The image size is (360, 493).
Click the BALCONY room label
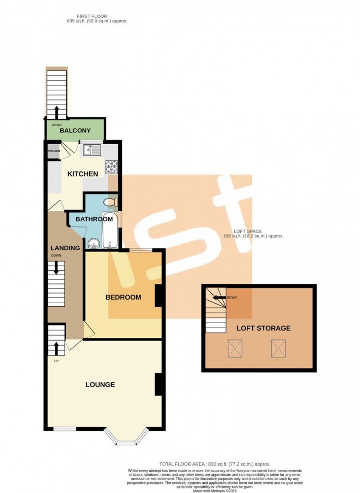click(x=75, y=131)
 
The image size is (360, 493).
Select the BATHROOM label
click(x=94, y=219)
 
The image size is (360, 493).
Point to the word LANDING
click(x=65, y=248)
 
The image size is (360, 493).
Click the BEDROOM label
click(x=123, y=297)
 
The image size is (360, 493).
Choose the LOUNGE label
click(x=100, y=385)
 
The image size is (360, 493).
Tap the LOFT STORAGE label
click(x=263, y=328)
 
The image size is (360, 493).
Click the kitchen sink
click(x=92, y=150)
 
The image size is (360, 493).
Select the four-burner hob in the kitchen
click(x=112, y=167)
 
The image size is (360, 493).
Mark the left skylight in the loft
click(x=235, y=348)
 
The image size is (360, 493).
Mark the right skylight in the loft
click(x=278, y=348)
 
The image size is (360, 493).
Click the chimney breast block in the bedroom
click(x=158, y=295)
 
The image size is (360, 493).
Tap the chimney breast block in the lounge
click(x=158, y=384)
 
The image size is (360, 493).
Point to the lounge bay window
click(x=126, y=438)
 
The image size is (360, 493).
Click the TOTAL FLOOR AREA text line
click(x=215, y=464)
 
